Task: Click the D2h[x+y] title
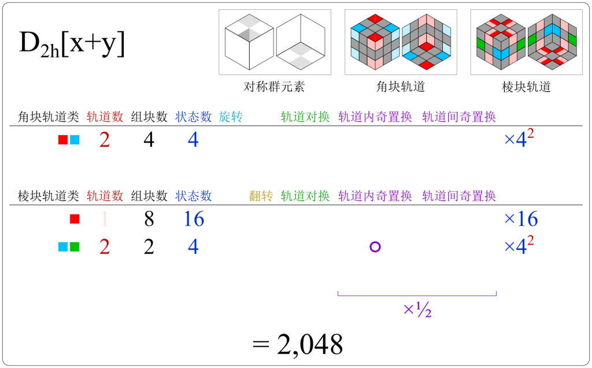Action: [72, 44]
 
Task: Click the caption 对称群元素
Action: [274, 87]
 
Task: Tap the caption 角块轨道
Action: [401, 87]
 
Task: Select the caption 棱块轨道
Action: [527, 87]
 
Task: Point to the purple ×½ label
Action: [417, 310]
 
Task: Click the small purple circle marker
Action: [375, 247]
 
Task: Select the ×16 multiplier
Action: [521, 219]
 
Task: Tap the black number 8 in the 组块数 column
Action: [149, 219]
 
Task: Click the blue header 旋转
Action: [231, 117]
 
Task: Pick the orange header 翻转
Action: [261, 196]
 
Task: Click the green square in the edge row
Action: [75, 247]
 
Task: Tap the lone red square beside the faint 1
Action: [74, 219]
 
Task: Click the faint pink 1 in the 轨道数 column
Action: [105, 219]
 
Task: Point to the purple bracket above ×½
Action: [417, 295]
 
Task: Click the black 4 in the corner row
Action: [149, 139]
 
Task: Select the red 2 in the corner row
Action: [105, 139]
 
